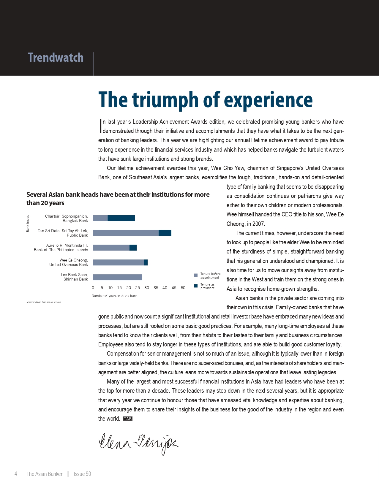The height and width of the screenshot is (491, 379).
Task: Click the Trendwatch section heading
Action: [x=56, y=58]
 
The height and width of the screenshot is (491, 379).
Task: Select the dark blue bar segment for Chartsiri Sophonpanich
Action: [x=121, y=218]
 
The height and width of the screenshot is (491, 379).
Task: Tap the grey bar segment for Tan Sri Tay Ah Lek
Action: [x=126, y=233]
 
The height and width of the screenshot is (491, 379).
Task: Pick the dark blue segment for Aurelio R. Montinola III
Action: [x=133, y=248]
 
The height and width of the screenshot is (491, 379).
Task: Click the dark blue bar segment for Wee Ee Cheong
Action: [x=146, y=262]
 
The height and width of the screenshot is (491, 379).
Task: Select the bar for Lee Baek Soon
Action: [x=118, y=277]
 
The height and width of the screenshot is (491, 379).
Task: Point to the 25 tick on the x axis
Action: [x=138, y=288]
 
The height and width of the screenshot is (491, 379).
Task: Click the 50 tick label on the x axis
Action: [x=183, y=288]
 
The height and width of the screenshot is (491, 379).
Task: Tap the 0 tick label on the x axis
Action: [x=93, y=288]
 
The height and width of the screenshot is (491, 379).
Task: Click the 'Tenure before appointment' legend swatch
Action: [x=196, y=275]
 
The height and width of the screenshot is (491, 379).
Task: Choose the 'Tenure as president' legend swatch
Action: [x=196, y=286]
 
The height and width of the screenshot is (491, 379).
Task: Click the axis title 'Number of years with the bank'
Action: [x=114, y=296]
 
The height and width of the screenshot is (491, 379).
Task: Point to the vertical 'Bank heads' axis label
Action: [x=28, y=224]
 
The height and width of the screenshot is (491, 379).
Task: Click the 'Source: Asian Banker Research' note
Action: [x=44, y=302]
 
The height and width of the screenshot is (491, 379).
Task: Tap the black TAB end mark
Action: [x=128, y=419]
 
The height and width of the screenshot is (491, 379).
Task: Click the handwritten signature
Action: [x=138, y=443]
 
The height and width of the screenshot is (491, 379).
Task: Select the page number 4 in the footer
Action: [x=16, y=474]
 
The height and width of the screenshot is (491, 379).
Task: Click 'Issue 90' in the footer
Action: [x=82, y=474]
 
